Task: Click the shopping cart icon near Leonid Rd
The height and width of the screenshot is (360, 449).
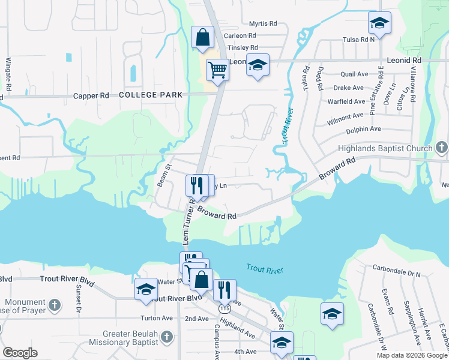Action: tap(217, 70)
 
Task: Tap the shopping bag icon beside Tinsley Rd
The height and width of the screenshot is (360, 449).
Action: tap(203, 37)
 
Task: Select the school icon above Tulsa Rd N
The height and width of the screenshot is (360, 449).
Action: tap(379, 23)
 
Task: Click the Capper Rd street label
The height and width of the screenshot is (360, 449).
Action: tap(91, 95)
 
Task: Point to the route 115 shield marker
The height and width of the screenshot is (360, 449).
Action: tap(224, 308)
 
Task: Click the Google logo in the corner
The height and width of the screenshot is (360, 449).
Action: tap(20, 353)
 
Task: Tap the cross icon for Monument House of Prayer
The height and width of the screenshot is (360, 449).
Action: tap(54, 305)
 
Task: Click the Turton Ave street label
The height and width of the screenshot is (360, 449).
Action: tap(157, 318)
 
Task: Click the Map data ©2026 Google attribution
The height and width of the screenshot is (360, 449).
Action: tap(411, 355)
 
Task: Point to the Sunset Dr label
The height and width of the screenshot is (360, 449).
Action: tap(79, 298)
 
